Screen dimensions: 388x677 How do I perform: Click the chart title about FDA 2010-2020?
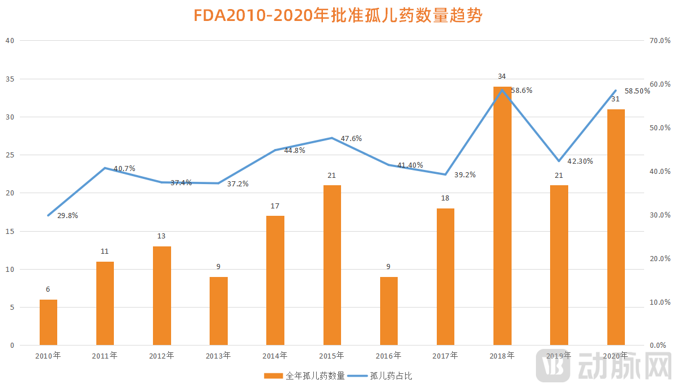point(338,15)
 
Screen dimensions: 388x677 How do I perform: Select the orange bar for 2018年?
point(502,216)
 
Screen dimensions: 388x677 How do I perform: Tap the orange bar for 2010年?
point(48,322)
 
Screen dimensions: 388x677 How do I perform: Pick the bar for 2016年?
point(389,311)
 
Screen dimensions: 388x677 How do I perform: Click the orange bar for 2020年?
point(616,227)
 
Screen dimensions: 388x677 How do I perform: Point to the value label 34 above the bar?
point(502,76)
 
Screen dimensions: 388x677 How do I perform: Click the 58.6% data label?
point(522,90)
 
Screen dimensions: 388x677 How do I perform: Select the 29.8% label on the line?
point(67,216)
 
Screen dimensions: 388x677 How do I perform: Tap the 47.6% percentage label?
point(351,138)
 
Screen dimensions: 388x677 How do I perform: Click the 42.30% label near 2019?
point(580,161)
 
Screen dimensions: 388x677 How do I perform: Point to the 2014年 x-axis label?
point(275,356)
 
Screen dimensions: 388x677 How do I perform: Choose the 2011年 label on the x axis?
point(105,356)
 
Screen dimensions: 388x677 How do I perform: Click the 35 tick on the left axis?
point(9,79)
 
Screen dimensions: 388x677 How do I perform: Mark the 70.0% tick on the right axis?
point(659,41)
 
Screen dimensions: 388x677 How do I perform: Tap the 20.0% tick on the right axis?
point(659,258)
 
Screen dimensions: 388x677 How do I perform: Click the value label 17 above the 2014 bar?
point(275,206)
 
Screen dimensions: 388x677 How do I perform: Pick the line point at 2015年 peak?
point(332,138)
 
